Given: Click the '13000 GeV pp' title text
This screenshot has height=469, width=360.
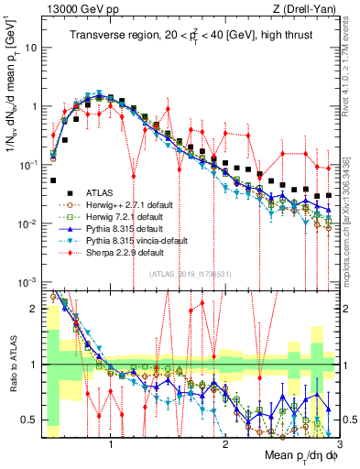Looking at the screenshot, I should (80, 9).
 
